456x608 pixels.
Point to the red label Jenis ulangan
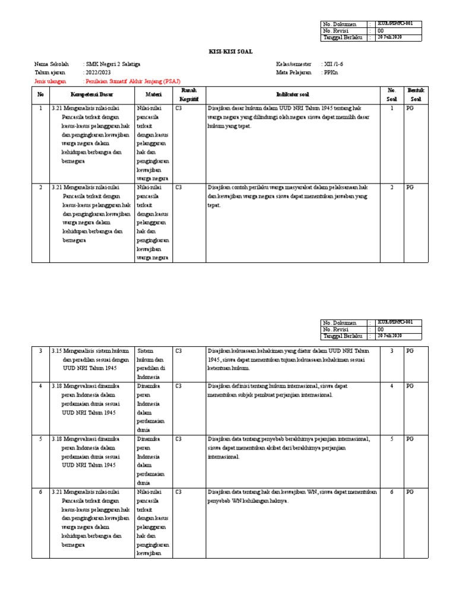coord(50,81)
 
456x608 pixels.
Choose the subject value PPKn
coord(331,72)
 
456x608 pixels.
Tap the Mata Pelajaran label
coord(293,72)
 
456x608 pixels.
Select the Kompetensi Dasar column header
coord(92,94)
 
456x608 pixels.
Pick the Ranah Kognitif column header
coord(188,94)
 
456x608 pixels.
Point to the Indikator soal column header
coord(292,94)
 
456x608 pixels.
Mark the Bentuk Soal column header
coord(414,94)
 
